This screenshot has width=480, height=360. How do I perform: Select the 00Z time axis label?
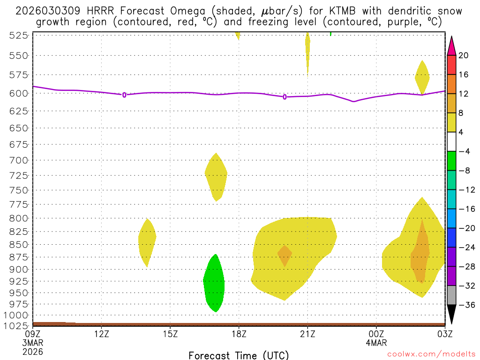[376, 334]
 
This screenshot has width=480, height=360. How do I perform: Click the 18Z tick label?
[239, 334]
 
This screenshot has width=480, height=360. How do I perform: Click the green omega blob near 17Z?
[214, 284]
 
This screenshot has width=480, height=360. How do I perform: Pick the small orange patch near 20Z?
[285, 255]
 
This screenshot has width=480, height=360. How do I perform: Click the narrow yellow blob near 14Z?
[147, 241]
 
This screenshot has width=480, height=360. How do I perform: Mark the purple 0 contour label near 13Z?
[124, 95]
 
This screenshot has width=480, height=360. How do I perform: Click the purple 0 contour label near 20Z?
[285, 97]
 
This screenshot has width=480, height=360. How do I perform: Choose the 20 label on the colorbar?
[464, 55]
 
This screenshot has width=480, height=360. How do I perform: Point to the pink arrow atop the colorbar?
[451, 45]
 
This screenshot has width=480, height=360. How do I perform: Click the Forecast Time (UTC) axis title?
[239, 355]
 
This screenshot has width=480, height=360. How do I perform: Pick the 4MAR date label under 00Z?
[376, 343]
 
